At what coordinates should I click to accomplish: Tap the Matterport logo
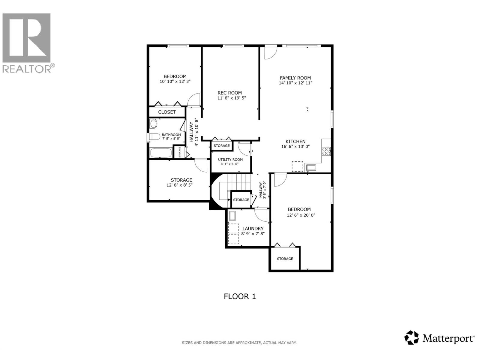coord(440,338)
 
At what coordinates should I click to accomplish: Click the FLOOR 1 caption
coord(240,296)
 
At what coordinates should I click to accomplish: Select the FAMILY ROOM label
coord(295,78)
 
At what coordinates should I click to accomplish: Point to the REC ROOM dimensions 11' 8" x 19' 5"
coord(232,98)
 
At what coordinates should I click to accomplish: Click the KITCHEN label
coord(295,141)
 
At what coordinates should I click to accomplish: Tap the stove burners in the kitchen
coord(326,151)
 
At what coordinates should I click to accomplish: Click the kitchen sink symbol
coord(311,167)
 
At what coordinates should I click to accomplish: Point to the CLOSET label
coord(167,112)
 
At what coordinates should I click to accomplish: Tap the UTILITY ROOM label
coord(230,160)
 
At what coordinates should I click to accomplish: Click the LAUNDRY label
coord(253,228)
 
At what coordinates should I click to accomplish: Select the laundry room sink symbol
coord(232,216)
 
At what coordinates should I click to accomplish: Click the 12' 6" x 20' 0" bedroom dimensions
coord(301,215)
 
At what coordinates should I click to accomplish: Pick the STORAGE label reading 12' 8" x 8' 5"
coord(179,185)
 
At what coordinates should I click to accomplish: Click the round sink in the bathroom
coord(154,124)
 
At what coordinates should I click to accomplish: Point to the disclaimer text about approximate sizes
coord(239,343)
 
